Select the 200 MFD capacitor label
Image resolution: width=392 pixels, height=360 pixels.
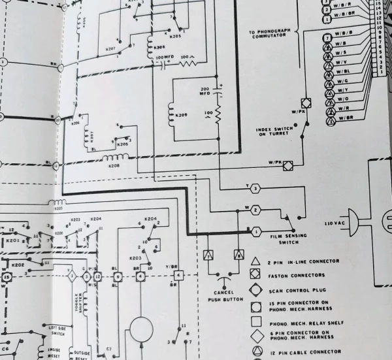click(x=204, y=90)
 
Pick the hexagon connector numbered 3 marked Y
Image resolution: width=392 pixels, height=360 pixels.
click(x=256, y=189)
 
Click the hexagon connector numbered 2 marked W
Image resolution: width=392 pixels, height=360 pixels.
click(x=256, y=210)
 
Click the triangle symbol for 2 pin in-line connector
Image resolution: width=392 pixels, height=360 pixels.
click(x=256, y=260)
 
